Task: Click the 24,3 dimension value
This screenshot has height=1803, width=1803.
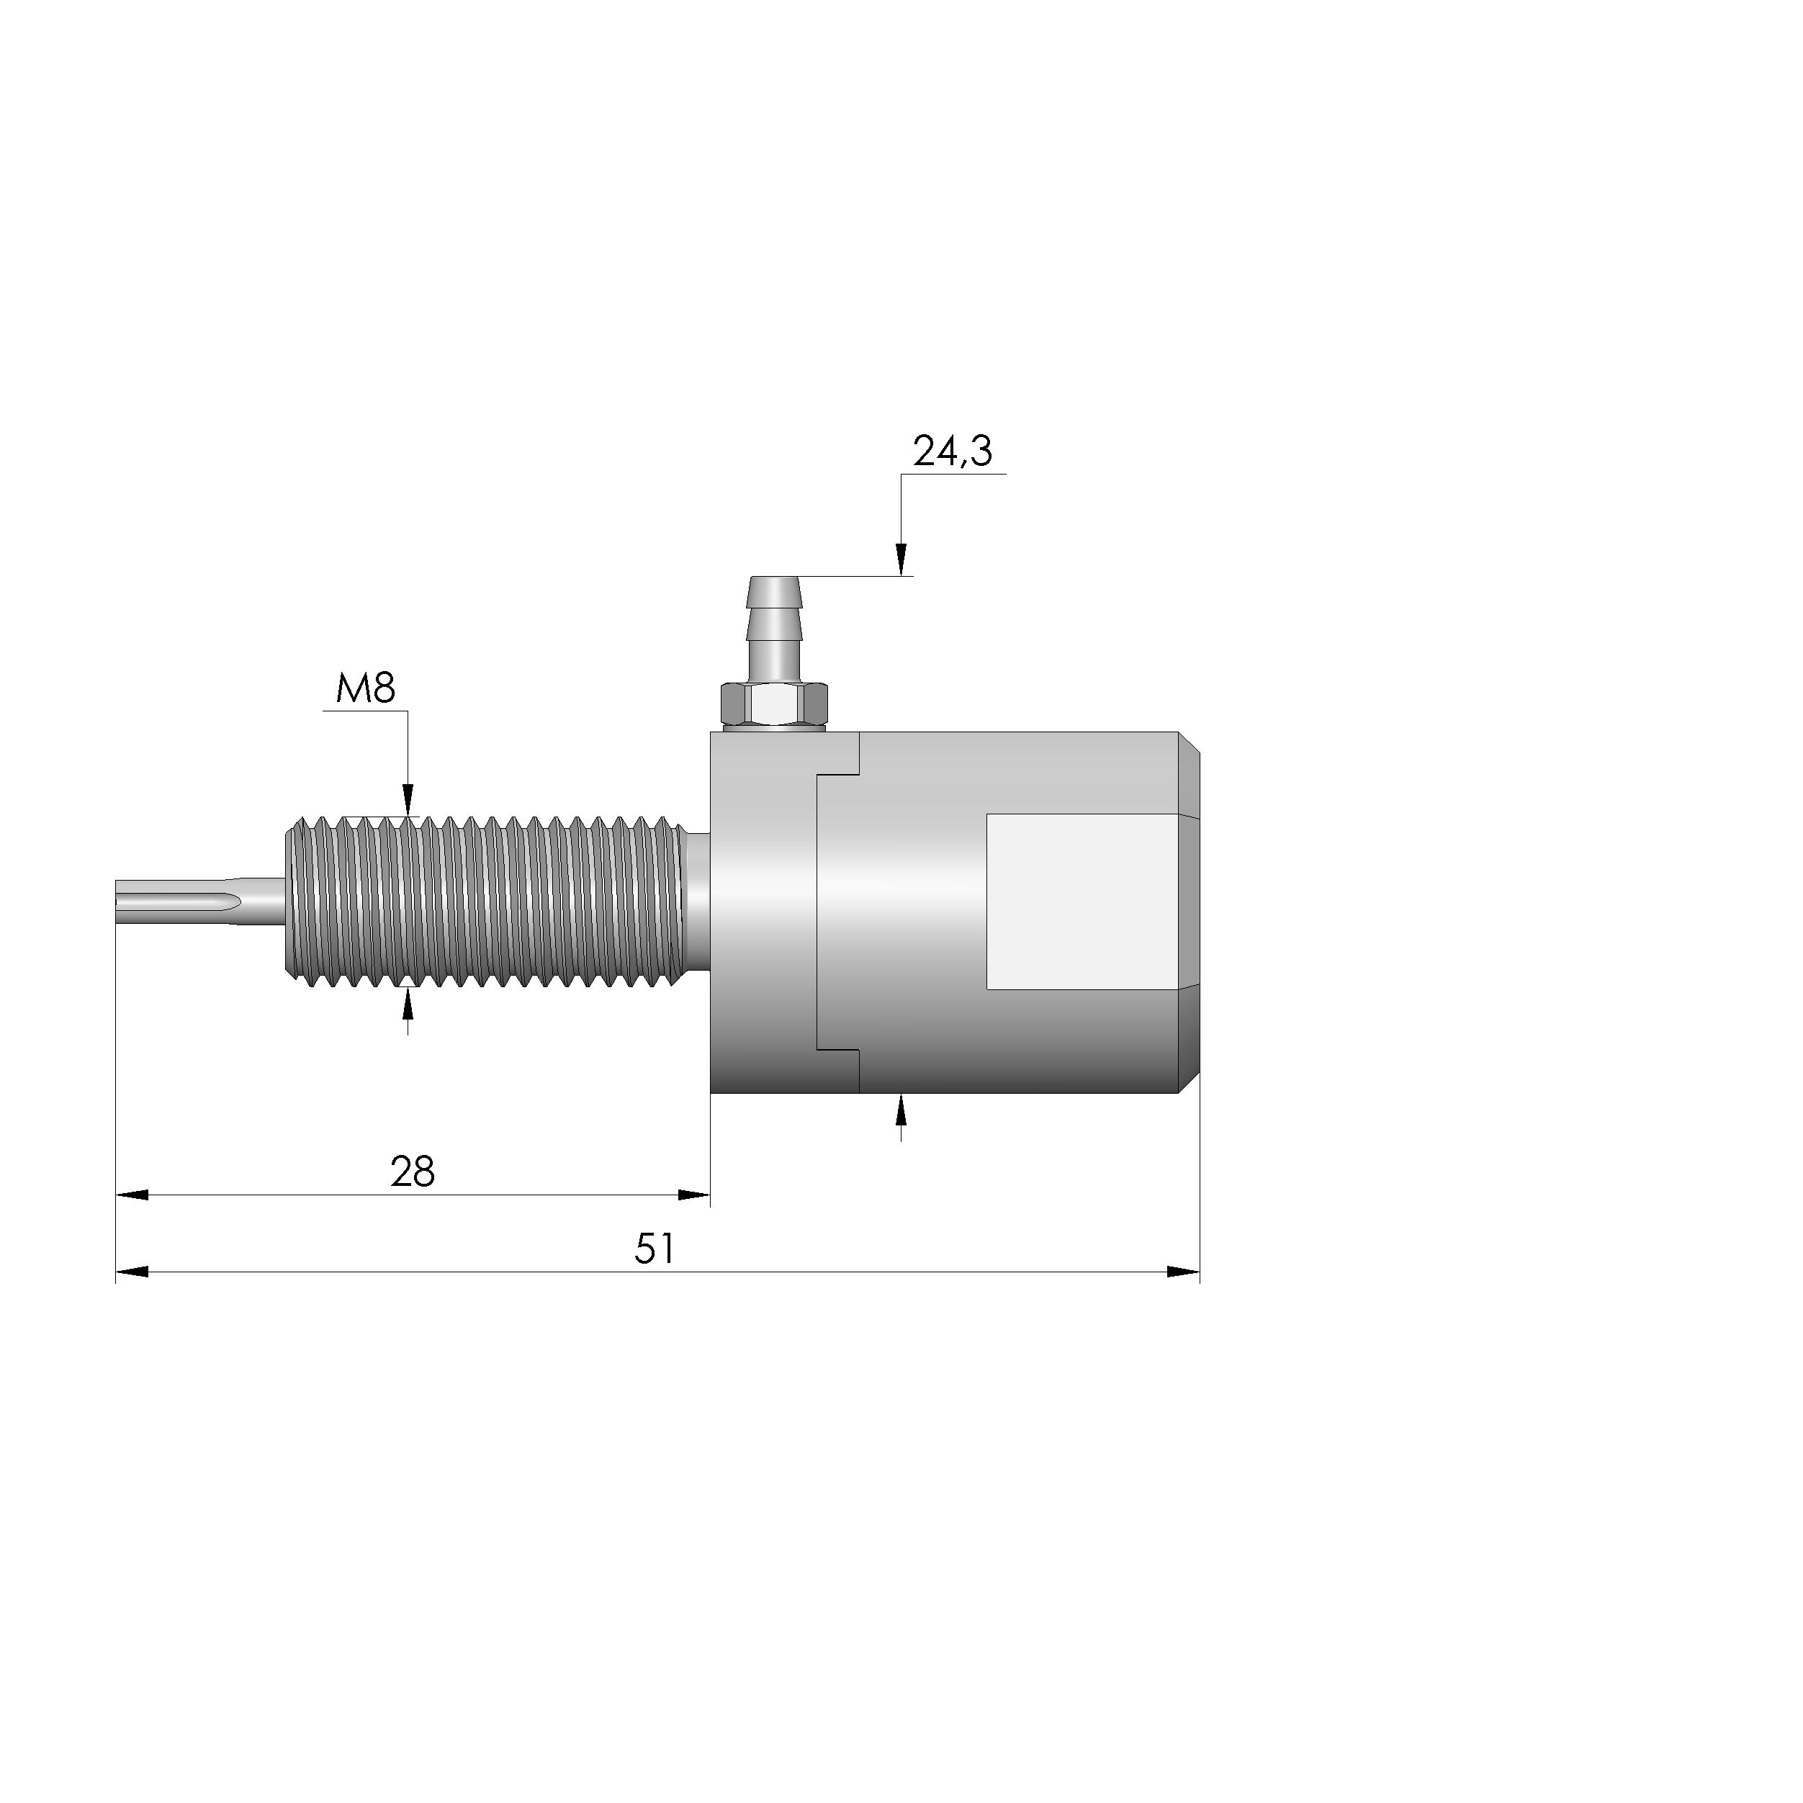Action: (x=952, y=451)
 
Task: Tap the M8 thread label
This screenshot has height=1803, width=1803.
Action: (x=366, y=690)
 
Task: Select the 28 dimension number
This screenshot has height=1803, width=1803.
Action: (x=413, y=1172)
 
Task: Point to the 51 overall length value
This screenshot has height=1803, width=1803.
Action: (x=655, y=1249)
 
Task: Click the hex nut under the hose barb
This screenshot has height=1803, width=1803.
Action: (x=773, y=705)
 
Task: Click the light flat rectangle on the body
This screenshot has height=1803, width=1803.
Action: (x=1082, y=901)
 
